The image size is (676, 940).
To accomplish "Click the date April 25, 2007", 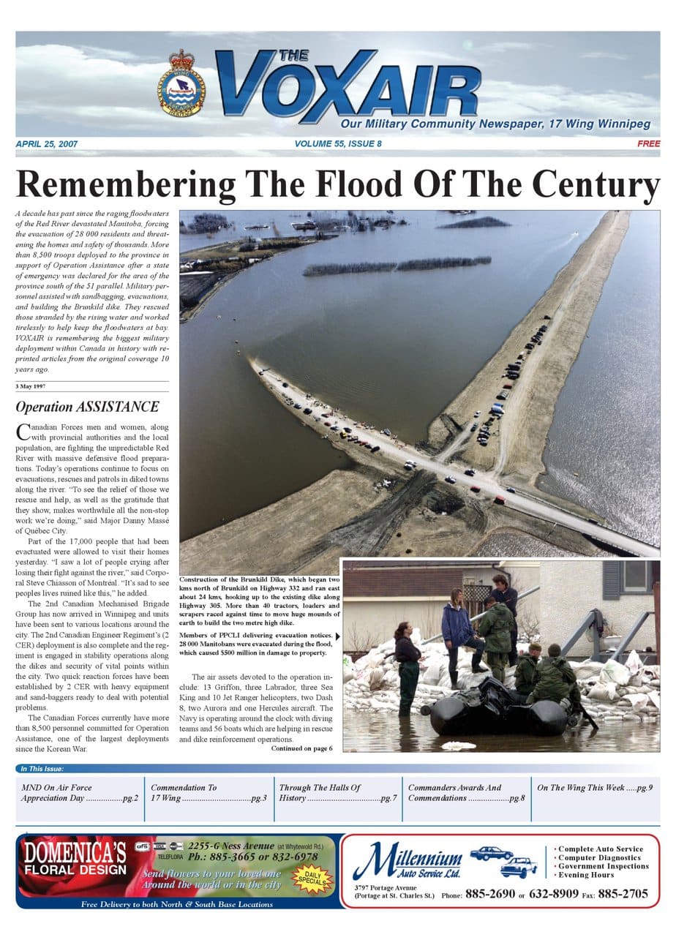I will pos(46,144).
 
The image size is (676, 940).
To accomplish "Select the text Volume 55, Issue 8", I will pos(338,144).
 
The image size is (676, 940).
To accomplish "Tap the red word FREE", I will pos(648,144).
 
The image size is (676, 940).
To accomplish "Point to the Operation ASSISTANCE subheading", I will pos(87,407).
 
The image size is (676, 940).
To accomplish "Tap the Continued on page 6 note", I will pos(301,748).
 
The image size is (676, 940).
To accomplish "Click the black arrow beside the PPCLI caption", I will pos(337,636).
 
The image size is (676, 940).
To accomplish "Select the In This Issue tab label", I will pos(42,769).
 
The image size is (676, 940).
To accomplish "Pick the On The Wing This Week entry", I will pos(594,788).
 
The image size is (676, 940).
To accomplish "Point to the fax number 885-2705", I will pos(623,894).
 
